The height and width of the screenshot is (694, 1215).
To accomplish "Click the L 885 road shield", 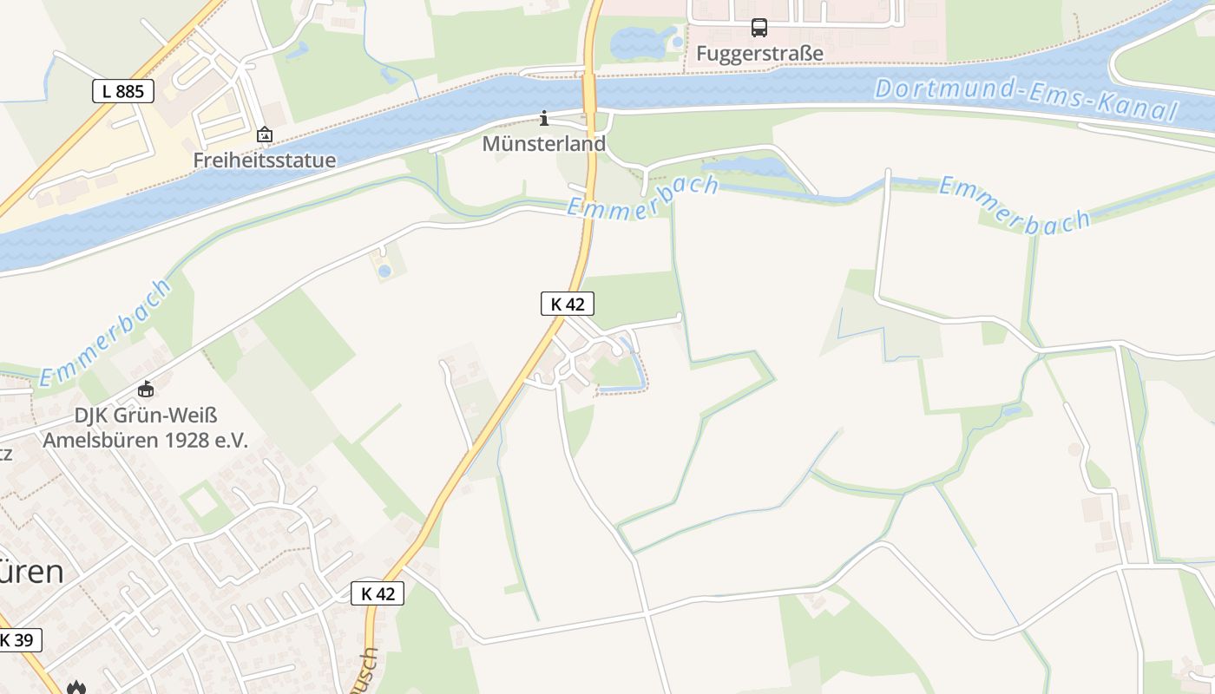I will [123, 90].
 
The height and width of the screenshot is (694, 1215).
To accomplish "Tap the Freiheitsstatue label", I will [264, 160].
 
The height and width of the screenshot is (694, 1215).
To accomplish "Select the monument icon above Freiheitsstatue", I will [264, 134].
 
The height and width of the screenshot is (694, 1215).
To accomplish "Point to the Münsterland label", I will [544, 144].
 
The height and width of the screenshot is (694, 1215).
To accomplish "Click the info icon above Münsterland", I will [544, 118].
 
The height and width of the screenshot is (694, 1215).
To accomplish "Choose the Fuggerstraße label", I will [759, 54].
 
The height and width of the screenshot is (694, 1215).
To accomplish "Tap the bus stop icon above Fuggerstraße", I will [759, 28].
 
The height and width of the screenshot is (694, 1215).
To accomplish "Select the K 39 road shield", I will [16, 640].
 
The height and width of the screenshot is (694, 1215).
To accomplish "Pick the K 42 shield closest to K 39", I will [378, 593].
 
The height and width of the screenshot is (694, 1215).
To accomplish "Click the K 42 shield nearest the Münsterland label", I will [568, 304].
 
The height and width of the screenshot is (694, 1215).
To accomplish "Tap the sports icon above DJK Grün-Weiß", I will [145, 390].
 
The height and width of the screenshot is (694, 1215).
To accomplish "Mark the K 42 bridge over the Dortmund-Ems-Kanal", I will [589, 90].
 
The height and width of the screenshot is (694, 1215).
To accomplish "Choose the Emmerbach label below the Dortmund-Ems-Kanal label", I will [1015, 206].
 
